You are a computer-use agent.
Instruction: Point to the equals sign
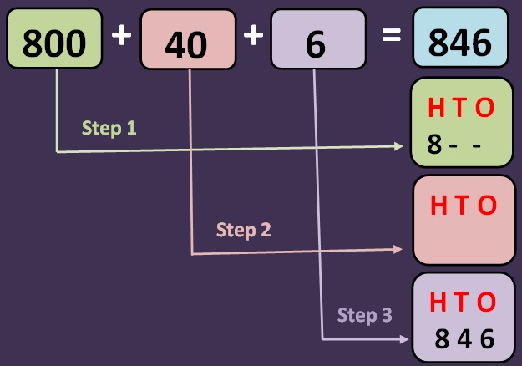(390, 37)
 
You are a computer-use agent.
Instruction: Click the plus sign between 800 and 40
(122, 38)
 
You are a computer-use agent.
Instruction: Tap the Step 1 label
(109, 129)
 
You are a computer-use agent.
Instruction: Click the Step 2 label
(243, 230)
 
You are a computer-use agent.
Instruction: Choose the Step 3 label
(364, 315)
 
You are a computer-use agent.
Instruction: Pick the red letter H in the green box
(435, 108)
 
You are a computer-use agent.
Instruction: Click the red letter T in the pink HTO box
(464, 205)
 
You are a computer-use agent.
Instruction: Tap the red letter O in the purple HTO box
(487, 302)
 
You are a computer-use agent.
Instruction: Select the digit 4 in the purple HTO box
(464, 338)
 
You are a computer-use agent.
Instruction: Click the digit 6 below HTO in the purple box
(487, 338)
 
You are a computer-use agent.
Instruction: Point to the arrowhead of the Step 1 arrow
(400, 146)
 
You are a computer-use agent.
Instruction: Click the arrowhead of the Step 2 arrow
(400, 249)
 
